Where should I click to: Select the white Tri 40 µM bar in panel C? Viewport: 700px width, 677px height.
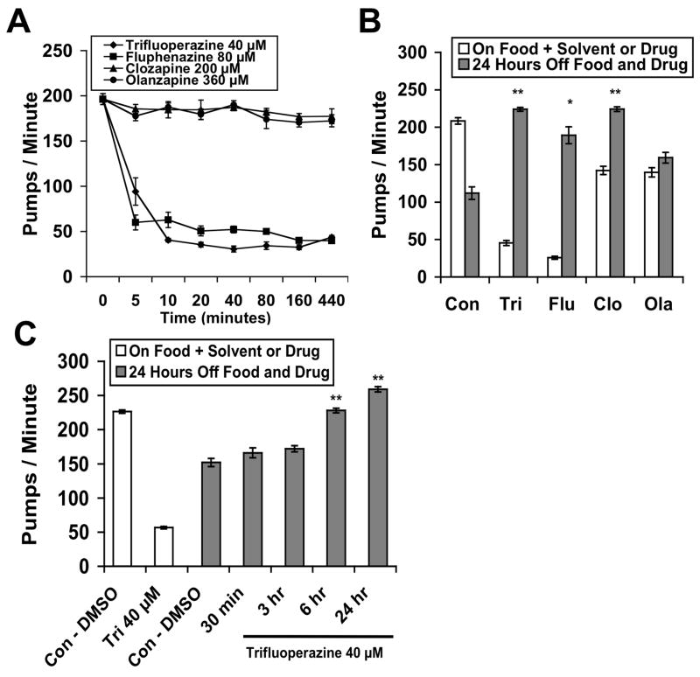[x=164, y=547]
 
